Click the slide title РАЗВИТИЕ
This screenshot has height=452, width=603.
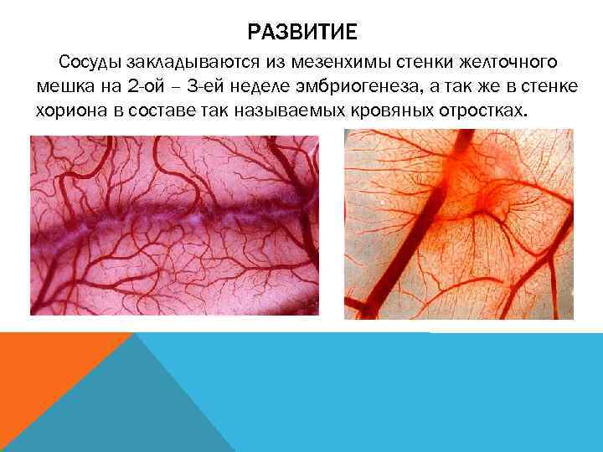(x=301, y=32)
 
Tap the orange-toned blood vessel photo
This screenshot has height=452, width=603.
(x=458, y=224)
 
